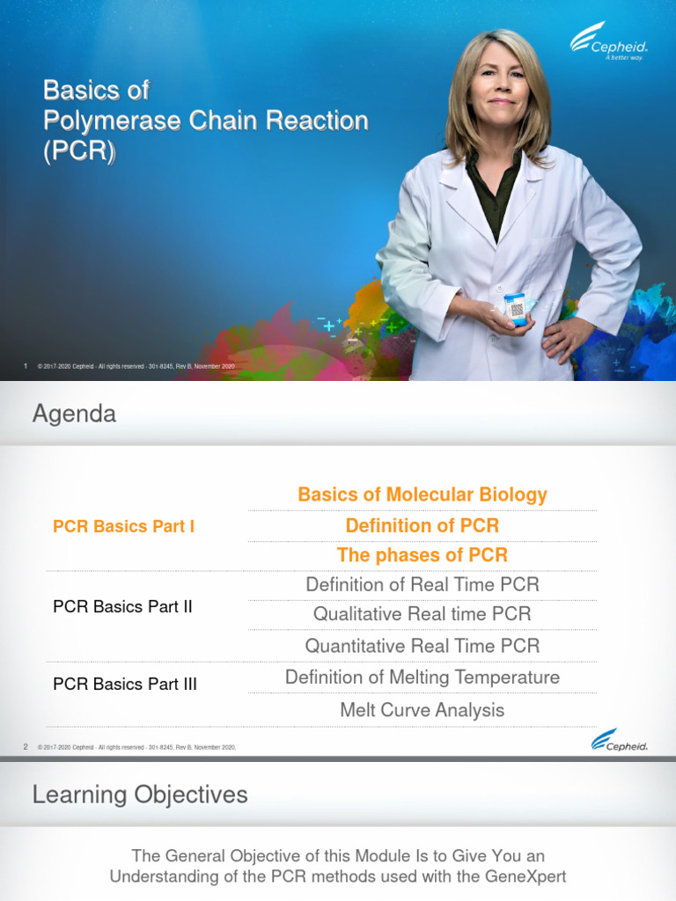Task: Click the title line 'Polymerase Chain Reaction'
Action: [205, 121]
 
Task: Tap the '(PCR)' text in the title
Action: [79, 150]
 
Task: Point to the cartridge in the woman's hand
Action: [516, 309]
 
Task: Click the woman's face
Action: [499, 84]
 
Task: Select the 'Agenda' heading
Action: [74, 414]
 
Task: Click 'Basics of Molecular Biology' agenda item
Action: [422, 494]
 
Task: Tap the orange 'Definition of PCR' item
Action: [422, 525]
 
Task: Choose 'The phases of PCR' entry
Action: [422, 555]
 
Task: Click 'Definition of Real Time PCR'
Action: [422, 584]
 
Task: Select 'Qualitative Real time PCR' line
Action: [422, 614]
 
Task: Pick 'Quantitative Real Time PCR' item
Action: [422, 646]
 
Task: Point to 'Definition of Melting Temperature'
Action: [422, 678]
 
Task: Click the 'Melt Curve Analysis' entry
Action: [422, 710]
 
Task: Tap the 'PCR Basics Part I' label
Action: [124, 526]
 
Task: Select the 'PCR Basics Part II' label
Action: [122, 606]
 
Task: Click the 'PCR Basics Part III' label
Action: [125, 684]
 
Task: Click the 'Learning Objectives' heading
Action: [140, 795]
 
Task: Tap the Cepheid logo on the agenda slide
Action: [620, 742]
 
